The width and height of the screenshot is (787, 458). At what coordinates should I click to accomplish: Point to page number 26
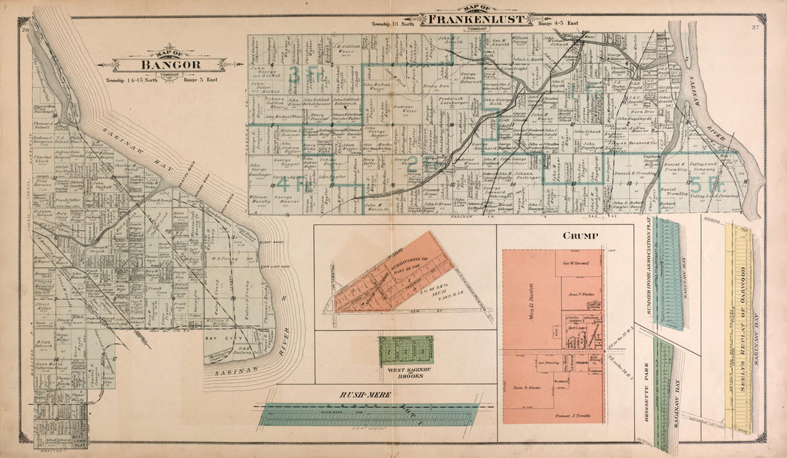25,29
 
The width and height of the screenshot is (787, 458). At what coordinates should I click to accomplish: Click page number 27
755,28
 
